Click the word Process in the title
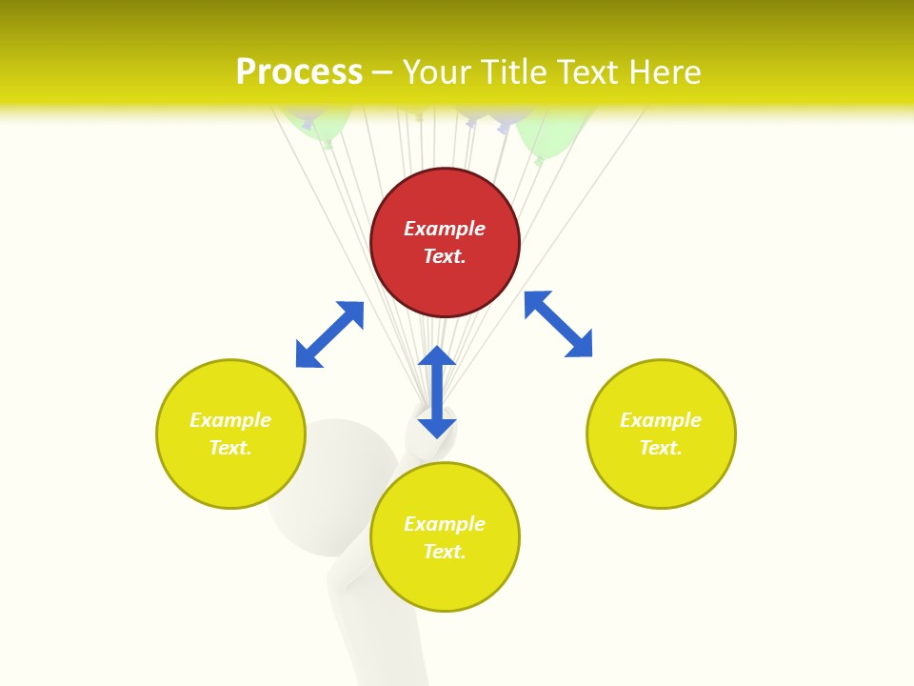(299, 72)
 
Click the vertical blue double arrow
(437, 392)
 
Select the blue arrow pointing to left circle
(329, 334)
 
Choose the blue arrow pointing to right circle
(559, 324)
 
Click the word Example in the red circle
(445, 229)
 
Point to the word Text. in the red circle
(445, 256)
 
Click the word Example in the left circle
(230, 420)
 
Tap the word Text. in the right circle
(661, 448)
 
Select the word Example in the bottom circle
(445, 524)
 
